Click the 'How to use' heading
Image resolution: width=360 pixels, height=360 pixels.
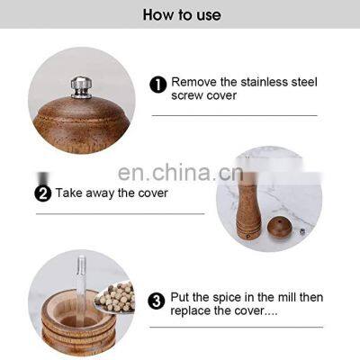(180, 14)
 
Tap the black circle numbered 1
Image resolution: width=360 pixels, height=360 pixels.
(157, 84)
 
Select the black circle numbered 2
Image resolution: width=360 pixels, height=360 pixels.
(42, 192)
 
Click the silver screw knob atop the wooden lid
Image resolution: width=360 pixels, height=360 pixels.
(80, 85)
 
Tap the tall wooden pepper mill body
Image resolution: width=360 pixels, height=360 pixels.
(248, 202)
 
